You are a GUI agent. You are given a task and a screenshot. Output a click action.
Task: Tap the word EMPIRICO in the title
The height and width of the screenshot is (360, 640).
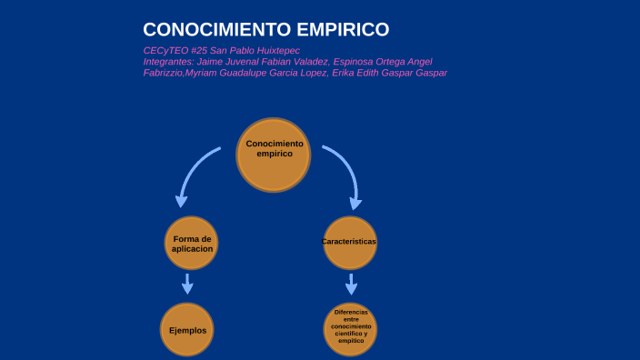(341, 29)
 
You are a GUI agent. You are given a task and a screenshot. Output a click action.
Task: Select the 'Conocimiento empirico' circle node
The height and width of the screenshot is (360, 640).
(274, 154)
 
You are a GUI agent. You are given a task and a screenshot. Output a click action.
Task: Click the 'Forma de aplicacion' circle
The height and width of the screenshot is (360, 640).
(192, 244)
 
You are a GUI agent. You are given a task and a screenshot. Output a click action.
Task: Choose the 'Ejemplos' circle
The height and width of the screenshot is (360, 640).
(187, 330)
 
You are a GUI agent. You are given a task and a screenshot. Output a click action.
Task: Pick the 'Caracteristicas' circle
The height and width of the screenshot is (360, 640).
(349, 243)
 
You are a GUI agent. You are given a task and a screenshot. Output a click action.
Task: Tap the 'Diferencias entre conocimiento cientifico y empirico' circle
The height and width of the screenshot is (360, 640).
(351, 327)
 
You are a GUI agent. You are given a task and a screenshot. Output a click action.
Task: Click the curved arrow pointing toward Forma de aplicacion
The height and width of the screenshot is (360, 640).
(191, 172)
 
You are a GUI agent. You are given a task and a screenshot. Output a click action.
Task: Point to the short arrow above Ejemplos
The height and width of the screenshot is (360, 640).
(187, 284)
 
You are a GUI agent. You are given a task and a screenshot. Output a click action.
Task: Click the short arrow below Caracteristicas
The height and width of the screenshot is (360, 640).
(352, 284)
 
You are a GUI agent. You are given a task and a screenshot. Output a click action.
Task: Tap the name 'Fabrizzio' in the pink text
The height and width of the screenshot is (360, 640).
(163, 73)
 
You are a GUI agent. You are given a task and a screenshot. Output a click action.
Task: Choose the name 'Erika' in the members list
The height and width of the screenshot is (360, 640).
(348, 73)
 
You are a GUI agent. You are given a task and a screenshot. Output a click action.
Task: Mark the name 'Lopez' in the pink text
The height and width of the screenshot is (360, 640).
(305, 73)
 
